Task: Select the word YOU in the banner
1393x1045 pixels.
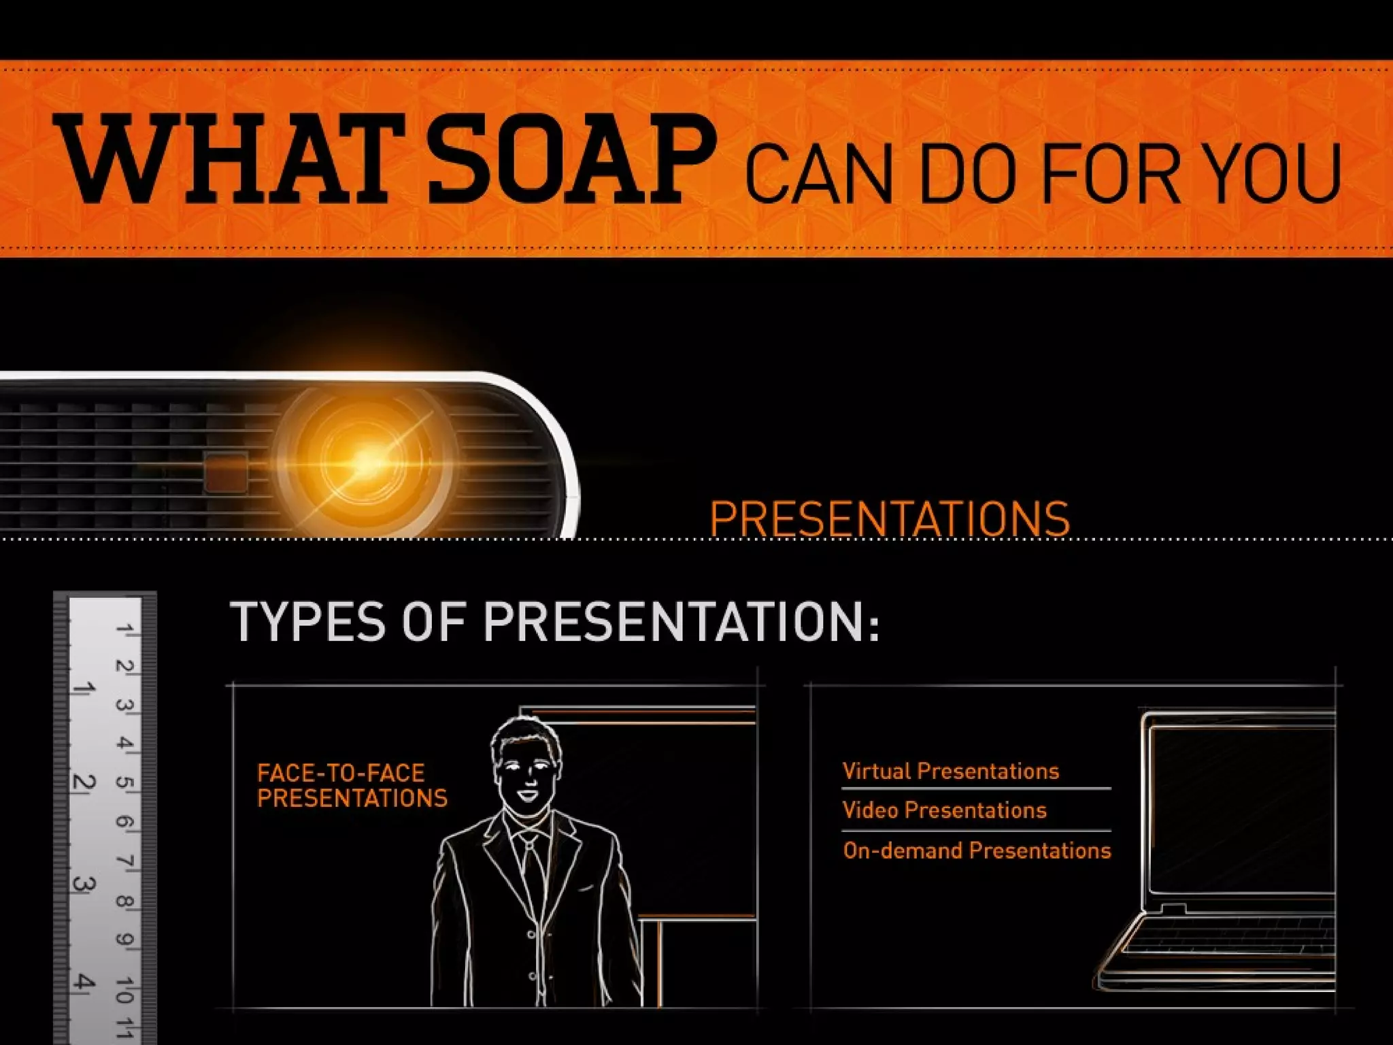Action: [1276, 173]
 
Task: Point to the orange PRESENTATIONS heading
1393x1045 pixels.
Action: [889, 519]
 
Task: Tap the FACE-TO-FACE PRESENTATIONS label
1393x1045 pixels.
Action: [352, 785]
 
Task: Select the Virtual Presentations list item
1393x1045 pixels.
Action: [950, 771]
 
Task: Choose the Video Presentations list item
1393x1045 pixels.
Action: [944, 810]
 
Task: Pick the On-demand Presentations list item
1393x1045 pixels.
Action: [976, 850]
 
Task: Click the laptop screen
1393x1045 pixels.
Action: [1241, 810]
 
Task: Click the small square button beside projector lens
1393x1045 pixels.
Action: [226, 471]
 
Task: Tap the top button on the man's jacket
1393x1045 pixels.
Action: [531, 935]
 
